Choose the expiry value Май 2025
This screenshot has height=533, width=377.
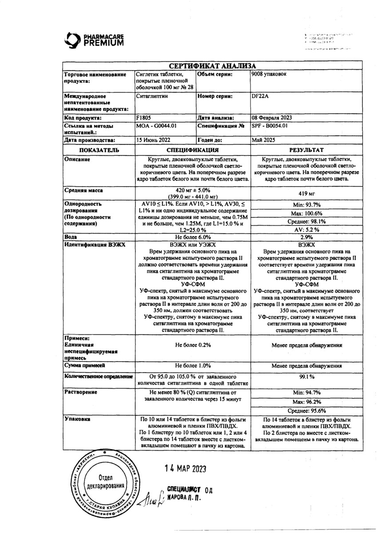click(x=262, y=139)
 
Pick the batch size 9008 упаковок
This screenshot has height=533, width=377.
click(x=269, y=75)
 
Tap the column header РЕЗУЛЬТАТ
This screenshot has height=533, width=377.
click(x=306, y=151)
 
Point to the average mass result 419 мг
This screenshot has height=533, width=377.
click(x=306, y=194)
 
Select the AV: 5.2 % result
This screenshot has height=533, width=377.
click(x=307, y=230)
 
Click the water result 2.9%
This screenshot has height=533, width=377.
click(x=307, y=238)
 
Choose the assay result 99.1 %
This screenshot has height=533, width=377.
click(x=307, y=377)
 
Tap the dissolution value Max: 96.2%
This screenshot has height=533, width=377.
click(x=307, y=402)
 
